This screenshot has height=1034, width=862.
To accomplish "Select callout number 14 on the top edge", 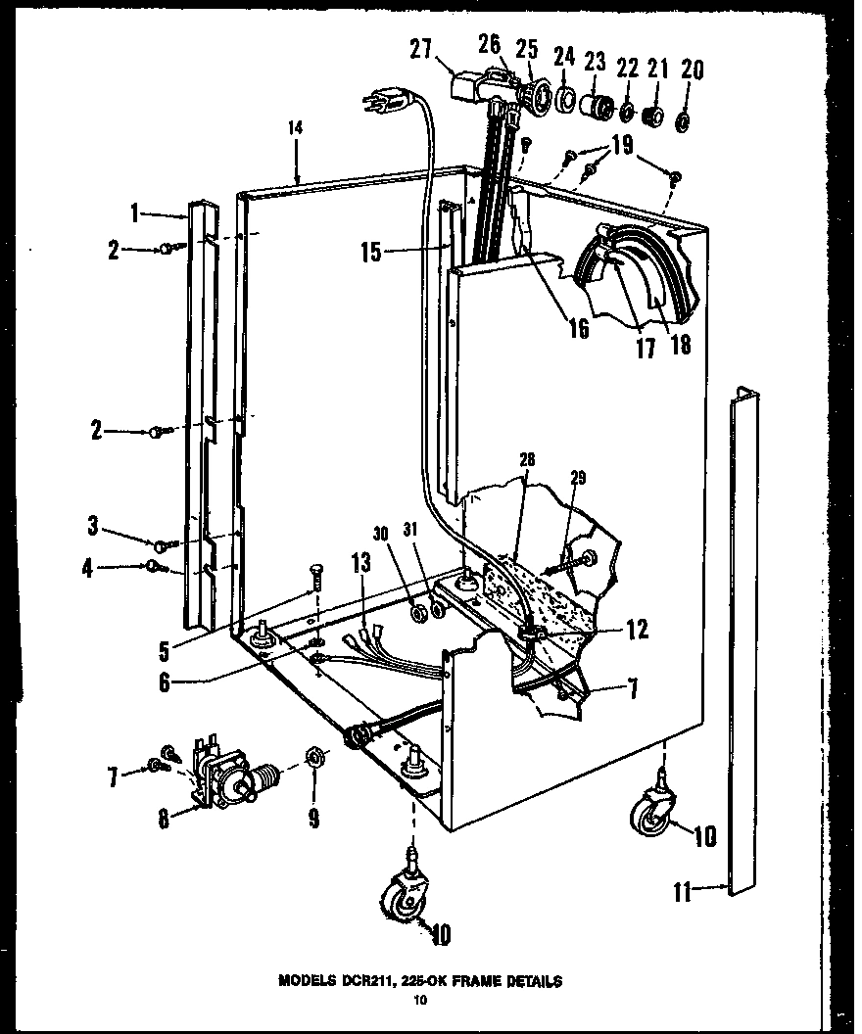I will coord(295,127).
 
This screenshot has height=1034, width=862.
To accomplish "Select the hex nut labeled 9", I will coord(314,756).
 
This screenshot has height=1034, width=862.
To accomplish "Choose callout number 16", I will coord(578,328).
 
